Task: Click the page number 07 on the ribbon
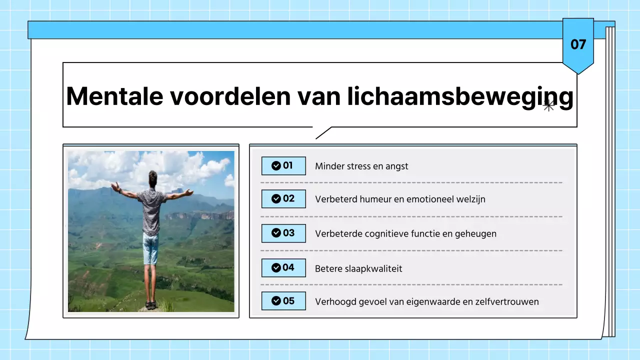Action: pyautogui.click(x=578, y=44)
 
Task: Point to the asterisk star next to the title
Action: pyautogui.click(x=548, y=105)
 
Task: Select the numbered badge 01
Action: pyautogui.click(x=283, y=165)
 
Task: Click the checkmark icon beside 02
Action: pyautogui.click(x=275, y=199)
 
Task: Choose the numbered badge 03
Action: pyautogui.click(x=283, y=233)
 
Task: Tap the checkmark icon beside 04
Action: pyautogui.click(x=275, y=267)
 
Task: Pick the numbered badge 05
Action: pyautogui.click(x=283, y=301)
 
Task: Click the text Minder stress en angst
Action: pyautogui.click(x=361, y=166)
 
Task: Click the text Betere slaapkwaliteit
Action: pyautogui.click(x=358, y=268)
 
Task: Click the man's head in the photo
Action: pyautogui.click(x=152, y=177)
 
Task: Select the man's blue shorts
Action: pyautogui.click(x=150, y=248)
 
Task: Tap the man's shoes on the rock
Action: pyautogui.click(x=151, y=304)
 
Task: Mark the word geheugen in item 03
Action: pyautogui.click(x=475, y=233)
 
